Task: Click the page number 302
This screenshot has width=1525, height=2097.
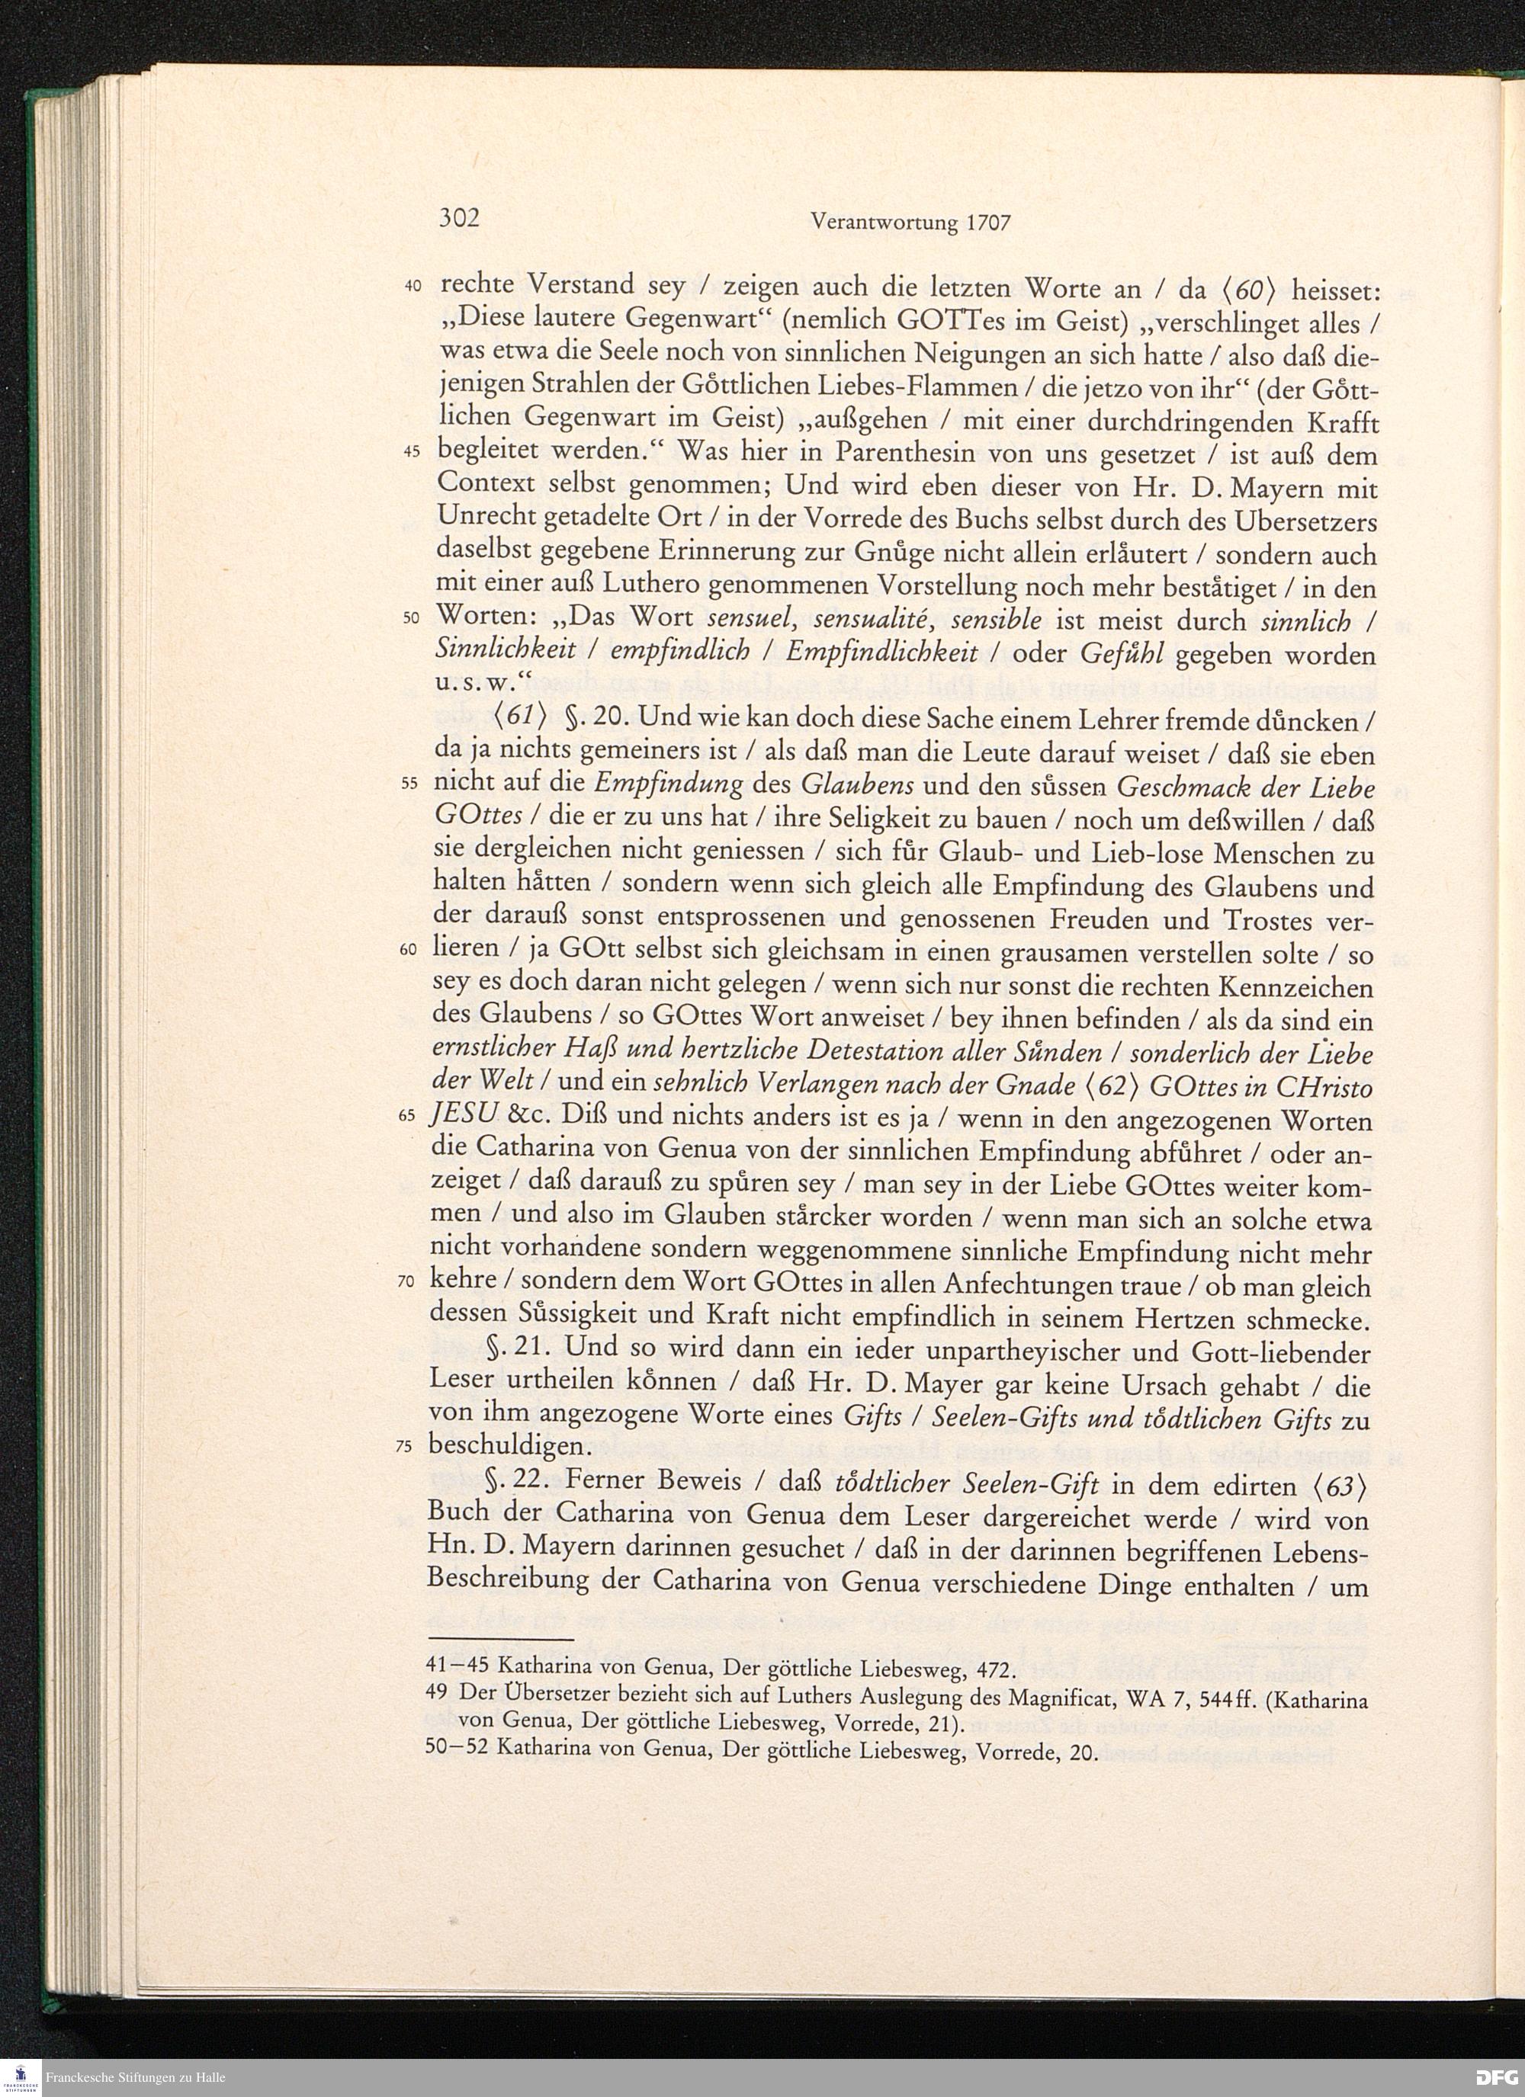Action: [x=459, y=218]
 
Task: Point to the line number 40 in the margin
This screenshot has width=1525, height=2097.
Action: [x=413, y=287]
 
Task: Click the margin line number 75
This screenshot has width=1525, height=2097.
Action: [x=405, y=1448]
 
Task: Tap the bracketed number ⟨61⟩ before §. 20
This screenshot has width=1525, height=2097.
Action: [x=509, y=718]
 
